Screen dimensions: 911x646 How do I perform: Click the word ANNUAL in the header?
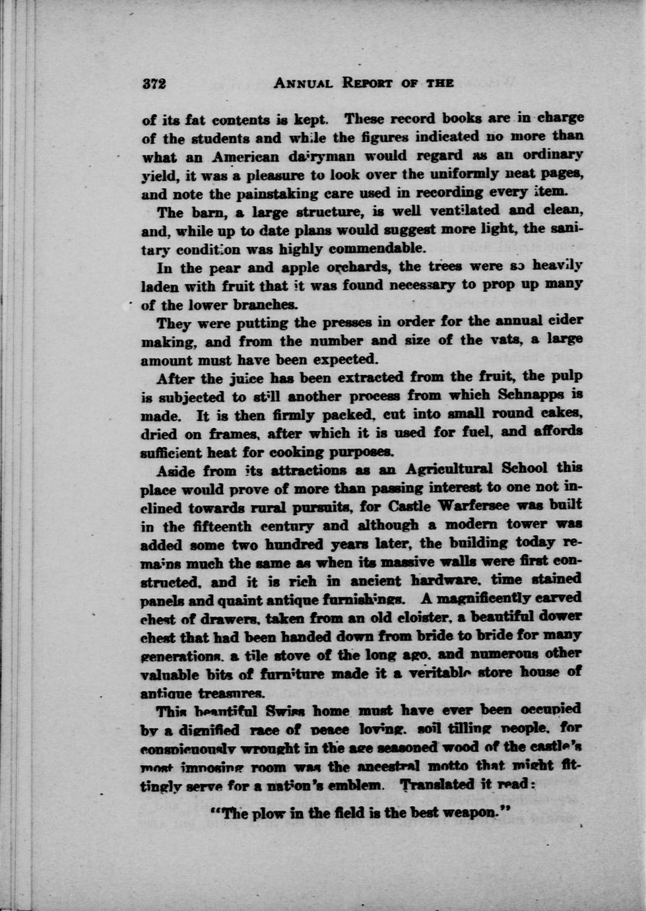click(304, 83)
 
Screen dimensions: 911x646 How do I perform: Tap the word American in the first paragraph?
click(239, 157)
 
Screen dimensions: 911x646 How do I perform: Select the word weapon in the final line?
click(470, 813)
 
